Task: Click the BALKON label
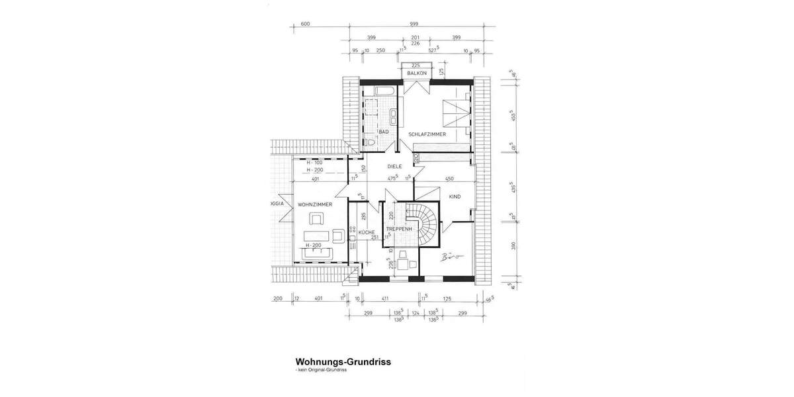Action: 416,73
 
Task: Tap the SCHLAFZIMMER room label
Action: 427,134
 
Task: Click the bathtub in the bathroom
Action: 383,90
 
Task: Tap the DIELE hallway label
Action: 394,166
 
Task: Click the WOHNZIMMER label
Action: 314,204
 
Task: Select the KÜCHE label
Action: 367,232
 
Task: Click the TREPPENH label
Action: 400,229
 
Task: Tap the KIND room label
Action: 455,197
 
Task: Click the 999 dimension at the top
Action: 413,24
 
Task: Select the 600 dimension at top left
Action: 305,24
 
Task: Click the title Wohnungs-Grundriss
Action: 343,362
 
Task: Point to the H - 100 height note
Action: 315,162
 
